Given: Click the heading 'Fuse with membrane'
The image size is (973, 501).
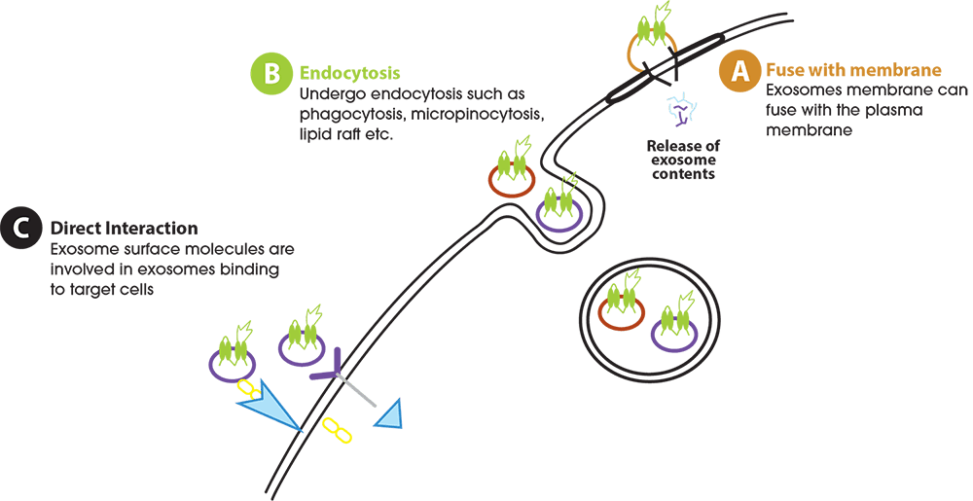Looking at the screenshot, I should [x=853, y=70].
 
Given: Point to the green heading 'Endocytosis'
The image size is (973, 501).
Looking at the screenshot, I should [x=349, y=73].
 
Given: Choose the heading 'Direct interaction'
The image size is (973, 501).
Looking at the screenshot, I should [x=124, y=229].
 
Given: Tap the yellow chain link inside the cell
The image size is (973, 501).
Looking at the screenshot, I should [x=336, y=430].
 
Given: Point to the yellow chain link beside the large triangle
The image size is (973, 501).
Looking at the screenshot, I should [x=248, y=389].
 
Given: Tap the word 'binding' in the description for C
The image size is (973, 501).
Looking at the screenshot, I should [x=250, y=268].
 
